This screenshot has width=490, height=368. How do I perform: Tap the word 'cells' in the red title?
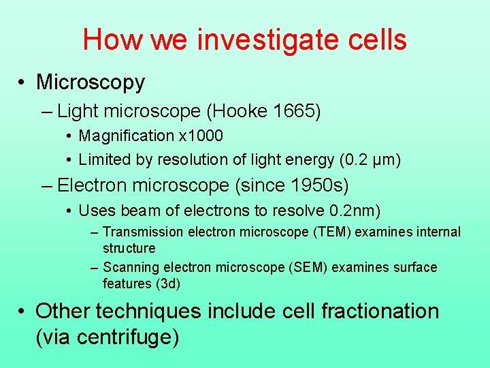point(376,40)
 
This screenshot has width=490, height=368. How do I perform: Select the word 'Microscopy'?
point(91,82)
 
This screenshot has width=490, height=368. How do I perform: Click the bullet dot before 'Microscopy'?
point(23,83)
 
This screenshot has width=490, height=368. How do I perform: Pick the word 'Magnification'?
point(127,136)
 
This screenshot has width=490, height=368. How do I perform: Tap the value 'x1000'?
point(201,136)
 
